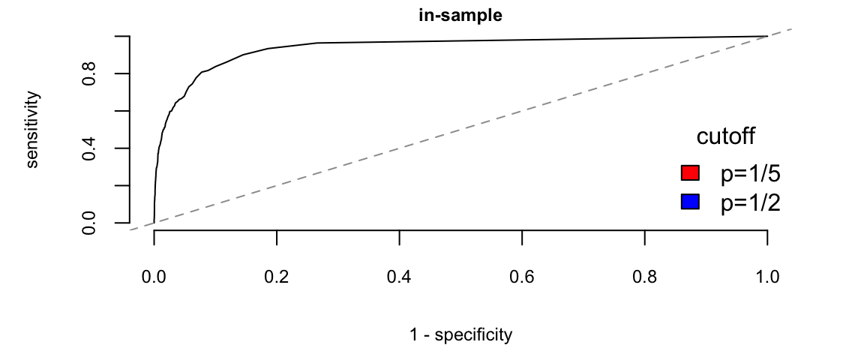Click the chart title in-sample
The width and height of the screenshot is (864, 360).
pos(460,15)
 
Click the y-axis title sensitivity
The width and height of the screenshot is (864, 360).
pos(33,129)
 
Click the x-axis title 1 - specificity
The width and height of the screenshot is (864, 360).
pos(460,334)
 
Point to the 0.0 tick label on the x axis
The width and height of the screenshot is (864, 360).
pos(154,277)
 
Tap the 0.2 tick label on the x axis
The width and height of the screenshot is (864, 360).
pos(277,277)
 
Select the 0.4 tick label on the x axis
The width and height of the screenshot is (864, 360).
pos(399,277)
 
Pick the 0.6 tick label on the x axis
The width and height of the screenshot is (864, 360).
pos(522,277)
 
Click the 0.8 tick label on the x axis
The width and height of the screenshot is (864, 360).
pos(645,277)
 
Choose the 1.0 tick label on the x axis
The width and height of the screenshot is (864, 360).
pos(767,277)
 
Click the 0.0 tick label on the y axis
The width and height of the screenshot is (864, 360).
pos(89,223)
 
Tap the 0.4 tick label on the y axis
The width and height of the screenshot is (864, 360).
pos(89,148)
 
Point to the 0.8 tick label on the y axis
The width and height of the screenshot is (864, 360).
pos(89,73)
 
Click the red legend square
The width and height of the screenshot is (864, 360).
pos(690,173)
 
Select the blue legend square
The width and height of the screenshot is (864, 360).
pos(690,202)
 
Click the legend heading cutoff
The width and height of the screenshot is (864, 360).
pos(725,136)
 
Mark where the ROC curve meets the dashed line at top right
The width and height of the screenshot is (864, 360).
pos(767,36)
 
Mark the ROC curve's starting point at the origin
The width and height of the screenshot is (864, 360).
pos(154,223)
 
